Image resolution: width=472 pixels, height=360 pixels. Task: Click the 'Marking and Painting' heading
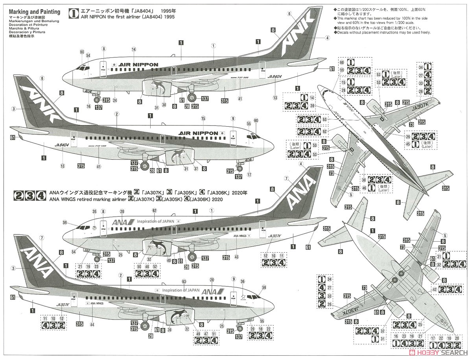coord(35,12)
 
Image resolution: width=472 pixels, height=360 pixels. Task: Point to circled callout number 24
coord(115,100)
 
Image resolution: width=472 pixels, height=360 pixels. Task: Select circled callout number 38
coord(164,105)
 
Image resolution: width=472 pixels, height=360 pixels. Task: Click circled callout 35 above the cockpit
coord(94,211)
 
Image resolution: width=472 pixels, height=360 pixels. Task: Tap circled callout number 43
coord(236,257)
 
